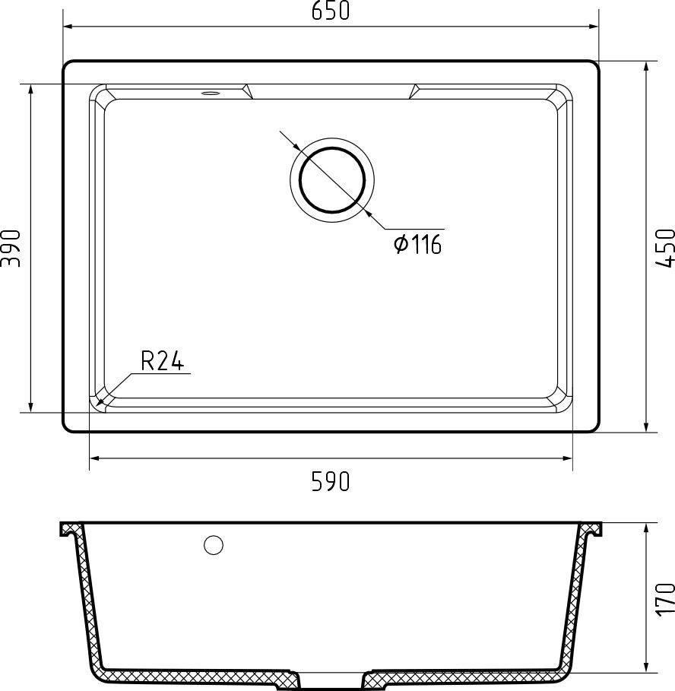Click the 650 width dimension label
[331, 11]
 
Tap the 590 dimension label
[331, 481]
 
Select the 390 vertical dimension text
[11, 248]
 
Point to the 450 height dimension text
[664, 248]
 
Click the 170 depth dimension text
[664, 600]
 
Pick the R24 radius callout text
[162, 360]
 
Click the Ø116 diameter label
[417, 244]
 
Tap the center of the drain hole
[332, 180]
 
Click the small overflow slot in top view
[210, 93]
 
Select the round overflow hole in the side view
[214, 545]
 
